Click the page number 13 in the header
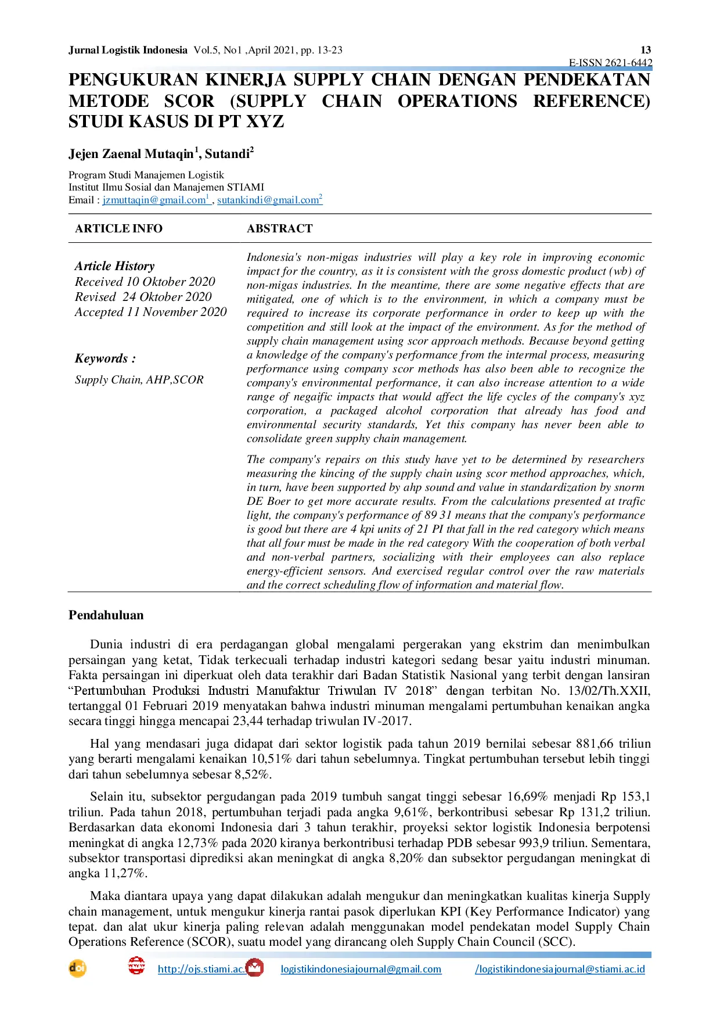(646, 50)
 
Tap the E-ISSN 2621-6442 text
(610, 63)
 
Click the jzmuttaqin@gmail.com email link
(154, 200)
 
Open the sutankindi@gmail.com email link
(268, 200)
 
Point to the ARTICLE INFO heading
(118, 229)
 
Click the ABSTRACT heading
(280, 229)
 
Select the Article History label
(114, 266)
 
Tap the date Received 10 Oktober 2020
(145, 282)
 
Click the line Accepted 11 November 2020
(150, 312)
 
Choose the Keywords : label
(105, 358)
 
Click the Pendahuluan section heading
(106, 615)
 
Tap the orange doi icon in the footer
(77, 968)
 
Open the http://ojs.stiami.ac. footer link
(201, 969)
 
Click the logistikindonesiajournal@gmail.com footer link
(361, 969)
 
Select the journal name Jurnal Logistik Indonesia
(128, 50)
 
